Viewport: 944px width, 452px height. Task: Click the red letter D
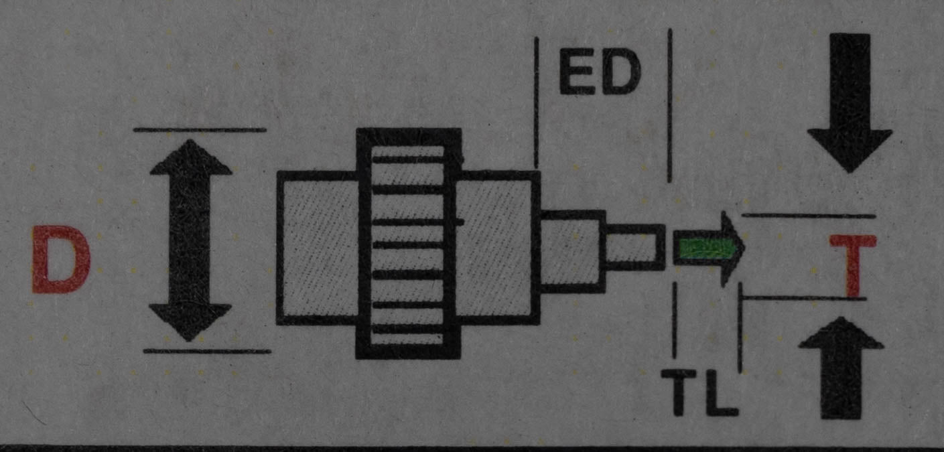(x=61, y=259)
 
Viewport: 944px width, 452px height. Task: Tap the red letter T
(x=854, y=265)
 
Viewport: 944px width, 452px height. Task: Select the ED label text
(x=600, y=72)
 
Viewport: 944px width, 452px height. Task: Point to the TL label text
(x=699, y=392)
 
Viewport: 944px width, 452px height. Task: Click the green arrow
(x=709, y=249)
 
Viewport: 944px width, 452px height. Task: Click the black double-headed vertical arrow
(x=190, y=240)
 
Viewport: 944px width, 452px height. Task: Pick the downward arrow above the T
(x=850, y=103)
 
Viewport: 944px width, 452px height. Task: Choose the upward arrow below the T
(x=841, y=368)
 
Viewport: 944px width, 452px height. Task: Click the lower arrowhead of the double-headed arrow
(x=190, y=322)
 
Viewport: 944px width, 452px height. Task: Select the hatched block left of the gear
(x=318, y=248)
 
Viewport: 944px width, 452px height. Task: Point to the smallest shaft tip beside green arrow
(x=634, y=248)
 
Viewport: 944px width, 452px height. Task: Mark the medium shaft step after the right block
(x=573, y=251)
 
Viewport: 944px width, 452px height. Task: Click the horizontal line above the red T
(x=808, y=216)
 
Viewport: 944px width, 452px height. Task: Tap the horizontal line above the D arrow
(x=200, y=130)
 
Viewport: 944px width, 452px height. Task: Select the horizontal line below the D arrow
(x=207, y=351)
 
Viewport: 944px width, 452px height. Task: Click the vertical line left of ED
(x=536, y=102)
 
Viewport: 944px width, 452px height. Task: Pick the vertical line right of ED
(x=670, y=105)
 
